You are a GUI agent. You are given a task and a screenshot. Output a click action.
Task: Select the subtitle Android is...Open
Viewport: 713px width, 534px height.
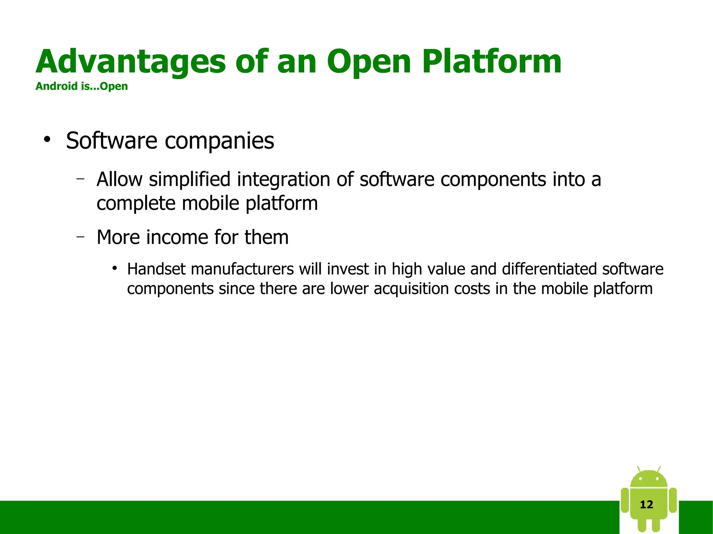81,86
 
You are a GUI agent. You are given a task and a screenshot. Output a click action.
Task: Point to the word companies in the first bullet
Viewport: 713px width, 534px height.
219,141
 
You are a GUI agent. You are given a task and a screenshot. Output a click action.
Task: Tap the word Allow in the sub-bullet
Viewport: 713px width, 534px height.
119,179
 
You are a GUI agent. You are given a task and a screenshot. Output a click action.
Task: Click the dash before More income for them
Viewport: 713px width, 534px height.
81,237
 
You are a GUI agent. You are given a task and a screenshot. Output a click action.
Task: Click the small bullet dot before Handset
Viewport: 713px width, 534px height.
114,268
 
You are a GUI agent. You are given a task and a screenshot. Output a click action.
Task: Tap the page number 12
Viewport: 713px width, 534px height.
647,504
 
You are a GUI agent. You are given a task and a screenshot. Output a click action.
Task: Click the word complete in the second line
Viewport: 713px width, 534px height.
136,204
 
